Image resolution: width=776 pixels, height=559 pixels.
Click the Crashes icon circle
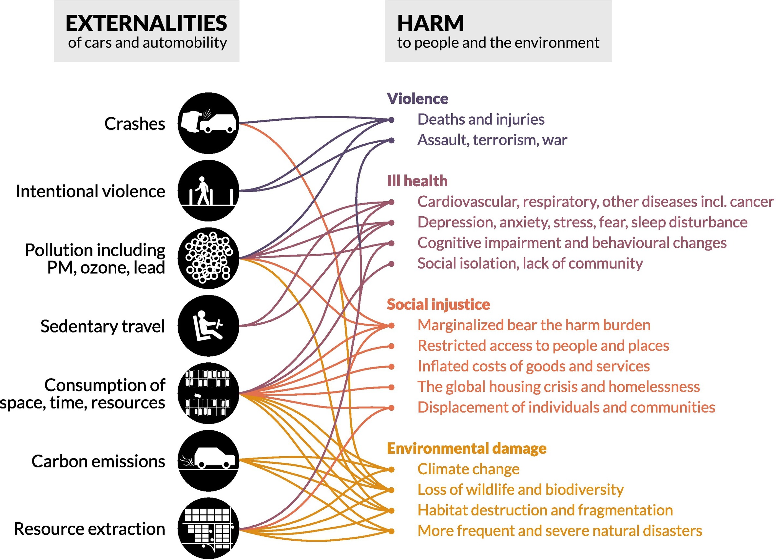(208, 123)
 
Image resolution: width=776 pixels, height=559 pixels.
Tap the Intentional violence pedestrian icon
(208, 191)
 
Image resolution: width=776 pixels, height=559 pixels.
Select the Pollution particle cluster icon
(208, 258)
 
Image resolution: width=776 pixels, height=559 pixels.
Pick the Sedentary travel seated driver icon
(208, 326)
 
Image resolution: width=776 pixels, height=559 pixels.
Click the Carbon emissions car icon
(208, 460)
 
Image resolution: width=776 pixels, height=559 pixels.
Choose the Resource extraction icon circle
(208, 528)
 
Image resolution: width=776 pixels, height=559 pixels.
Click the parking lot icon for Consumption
(208, 393)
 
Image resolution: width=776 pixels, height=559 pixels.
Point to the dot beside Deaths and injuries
(391, 120)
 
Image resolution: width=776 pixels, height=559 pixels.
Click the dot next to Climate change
(391, 469)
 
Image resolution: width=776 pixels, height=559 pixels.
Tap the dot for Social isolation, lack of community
(391, 264)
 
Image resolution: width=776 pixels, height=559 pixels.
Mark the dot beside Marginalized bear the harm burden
(391, 326)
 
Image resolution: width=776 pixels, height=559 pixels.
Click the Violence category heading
(417, 99)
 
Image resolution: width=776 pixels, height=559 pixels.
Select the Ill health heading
(417, 181)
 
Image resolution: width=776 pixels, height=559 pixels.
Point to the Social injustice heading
(438, 304)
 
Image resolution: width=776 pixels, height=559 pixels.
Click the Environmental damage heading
(466, 448)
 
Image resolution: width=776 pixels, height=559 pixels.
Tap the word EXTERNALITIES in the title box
(146, 23)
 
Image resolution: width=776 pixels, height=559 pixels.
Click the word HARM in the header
(430, 23)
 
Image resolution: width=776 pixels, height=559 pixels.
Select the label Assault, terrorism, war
(492, 140)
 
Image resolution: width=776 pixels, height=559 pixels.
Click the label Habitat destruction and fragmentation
(545, 510)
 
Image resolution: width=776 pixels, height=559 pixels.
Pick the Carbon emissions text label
(98, 461)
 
